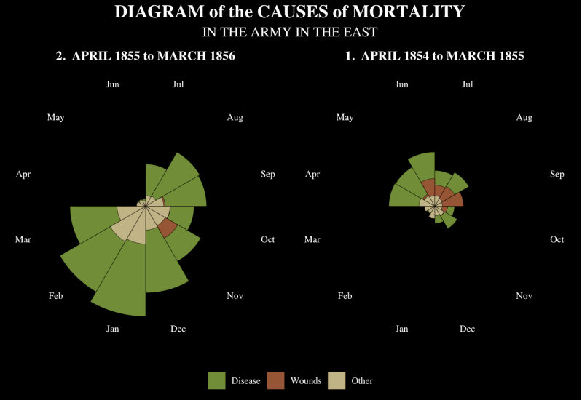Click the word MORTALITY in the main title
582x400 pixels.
click(409, 12)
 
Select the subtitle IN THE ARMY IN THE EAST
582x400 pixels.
click(290, 32)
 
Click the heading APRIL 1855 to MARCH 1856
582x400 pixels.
click(153, 56)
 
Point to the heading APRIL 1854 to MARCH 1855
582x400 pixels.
click(442, 56)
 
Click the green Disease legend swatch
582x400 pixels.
click(216, 380)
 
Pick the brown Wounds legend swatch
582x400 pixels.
click(275, 380)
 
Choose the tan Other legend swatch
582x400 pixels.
click(337, 380)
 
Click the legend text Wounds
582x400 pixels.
click(306, 381)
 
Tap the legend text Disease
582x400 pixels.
click(245, 381)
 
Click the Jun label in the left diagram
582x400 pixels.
click(112, 84)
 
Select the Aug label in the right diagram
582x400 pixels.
click(524, 118)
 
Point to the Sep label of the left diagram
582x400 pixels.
click(267, 175)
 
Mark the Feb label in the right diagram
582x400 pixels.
click(345, 296)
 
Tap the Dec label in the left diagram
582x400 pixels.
click(178, 329)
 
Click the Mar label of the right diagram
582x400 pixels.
click(312, 239)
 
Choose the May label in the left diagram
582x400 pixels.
click(55, 118)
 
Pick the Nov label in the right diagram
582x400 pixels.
click(524, 296)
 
